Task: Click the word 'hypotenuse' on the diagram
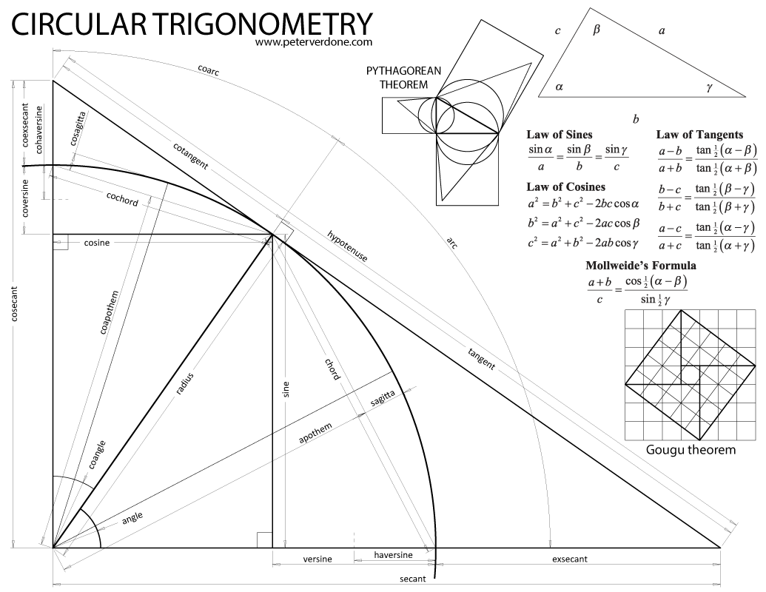tap(347, 246)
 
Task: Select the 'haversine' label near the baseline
tap(393, 555)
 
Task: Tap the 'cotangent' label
tap(190, 156)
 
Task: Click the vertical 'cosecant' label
tap(15, 304)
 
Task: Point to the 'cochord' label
tap(122, 199)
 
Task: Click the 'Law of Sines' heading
tap(560, 135)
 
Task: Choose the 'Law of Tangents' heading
tap(699, 135)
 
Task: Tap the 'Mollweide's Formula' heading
tap(641, 266)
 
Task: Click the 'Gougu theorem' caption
tap(691, 449)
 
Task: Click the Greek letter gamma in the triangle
tap(709, 87)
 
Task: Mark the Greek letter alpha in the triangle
tap(560, 87)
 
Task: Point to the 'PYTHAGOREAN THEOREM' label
tap(404, 77)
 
